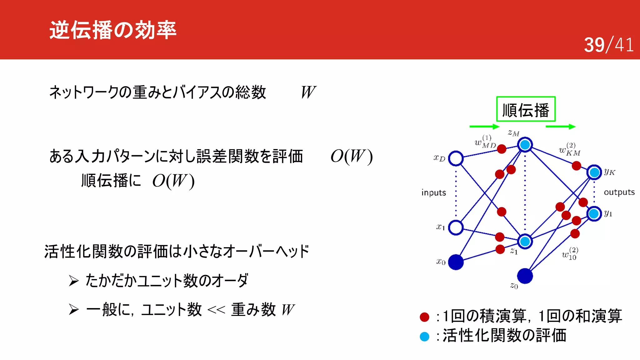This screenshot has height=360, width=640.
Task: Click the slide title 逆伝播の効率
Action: pos(113,30)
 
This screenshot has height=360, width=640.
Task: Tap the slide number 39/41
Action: pos(608,45)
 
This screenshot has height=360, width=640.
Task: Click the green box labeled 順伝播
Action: pos(526,109)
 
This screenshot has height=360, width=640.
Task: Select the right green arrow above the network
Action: pos(560,127)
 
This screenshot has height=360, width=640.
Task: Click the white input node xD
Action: pos(456,158)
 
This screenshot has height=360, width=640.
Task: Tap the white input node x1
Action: pos(456,227)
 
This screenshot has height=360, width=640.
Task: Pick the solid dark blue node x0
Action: pos(456,262)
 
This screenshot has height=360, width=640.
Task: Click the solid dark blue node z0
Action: pos(525,276)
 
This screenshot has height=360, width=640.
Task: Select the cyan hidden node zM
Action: pos(525,145)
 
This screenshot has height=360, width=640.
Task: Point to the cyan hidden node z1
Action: pos(525,241)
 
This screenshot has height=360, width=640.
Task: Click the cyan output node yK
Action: pos(594,172)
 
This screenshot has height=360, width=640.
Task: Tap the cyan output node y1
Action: pos(594,214)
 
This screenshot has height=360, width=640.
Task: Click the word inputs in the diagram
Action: pos(433,192)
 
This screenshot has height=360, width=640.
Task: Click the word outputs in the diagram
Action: pos(619,192)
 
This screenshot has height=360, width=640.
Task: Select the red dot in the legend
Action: pos(424,317)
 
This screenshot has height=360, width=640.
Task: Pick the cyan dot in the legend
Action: pos(424,337)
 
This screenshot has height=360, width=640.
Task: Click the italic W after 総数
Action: pos(308,92)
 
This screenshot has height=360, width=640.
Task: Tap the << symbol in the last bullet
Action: pos(216,310)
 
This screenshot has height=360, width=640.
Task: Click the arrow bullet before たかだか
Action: pos(74,281)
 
